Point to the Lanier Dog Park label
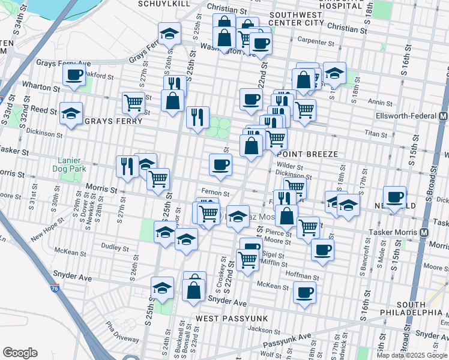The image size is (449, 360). (73, 165)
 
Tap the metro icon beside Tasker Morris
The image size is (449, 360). (425, 232)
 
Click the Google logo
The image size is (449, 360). (20, 353)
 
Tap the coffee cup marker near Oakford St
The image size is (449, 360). (74, 76)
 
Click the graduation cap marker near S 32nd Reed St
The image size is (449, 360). (71, 113)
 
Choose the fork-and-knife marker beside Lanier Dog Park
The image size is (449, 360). (127, 166)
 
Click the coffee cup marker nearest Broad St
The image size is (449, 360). (396, 197)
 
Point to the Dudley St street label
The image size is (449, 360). (111, 246)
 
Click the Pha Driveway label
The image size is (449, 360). (122, 332)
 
